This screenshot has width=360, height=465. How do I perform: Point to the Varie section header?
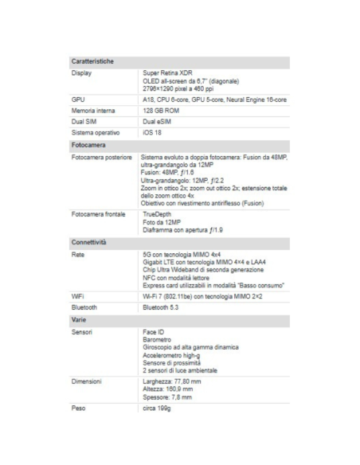(80, 318)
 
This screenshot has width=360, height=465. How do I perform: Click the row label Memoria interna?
(93, 110)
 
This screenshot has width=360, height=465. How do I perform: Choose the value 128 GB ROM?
(161, 110)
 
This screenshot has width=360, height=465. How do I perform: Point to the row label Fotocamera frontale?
(98, 214)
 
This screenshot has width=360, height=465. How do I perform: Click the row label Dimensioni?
(88, 381)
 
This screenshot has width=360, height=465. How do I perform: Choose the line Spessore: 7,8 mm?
(168, 396)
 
